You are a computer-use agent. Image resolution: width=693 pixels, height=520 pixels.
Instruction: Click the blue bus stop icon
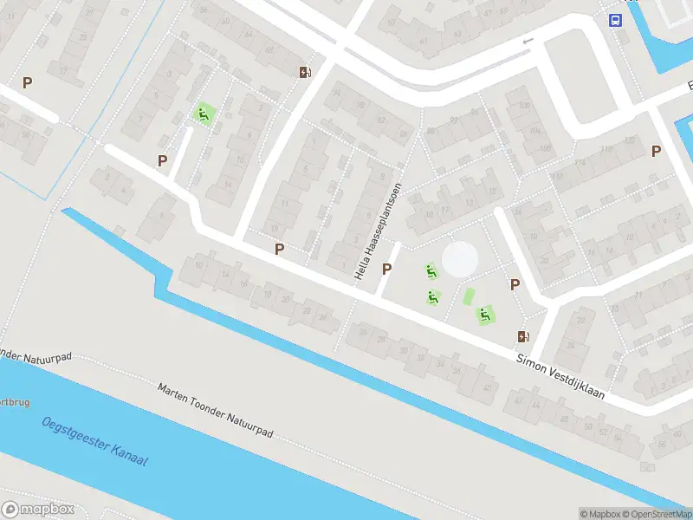[x=615, y=21]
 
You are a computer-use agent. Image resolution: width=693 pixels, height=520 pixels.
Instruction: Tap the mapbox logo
[x=37, y=510]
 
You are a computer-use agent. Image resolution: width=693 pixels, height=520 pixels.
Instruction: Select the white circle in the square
[x=459, y=258]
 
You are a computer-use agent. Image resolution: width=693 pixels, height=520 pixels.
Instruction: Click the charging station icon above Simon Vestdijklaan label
[x=522, y=336]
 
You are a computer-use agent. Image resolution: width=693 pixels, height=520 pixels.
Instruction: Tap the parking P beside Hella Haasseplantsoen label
[x=386, y=269]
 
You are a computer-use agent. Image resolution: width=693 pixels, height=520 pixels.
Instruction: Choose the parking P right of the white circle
[x=515, y=284]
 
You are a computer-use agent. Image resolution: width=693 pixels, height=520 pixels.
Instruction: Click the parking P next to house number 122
[x=656, y=151]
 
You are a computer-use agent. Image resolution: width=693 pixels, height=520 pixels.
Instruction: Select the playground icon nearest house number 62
[x=204, y=113]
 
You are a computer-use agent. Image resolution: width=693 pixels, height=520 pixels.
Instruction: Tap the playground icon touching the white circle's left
[x=431, y=271]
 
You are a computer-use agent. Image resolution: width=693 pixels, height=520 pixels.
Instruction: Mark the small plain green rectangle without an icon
[x=470, y=296]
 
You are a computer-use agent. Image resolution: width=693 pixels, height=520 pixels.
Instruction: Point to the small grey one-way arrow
[x=528, y=41]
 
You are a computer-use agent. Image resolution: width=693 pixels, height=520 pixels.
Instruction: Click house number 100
[x=523, y=106]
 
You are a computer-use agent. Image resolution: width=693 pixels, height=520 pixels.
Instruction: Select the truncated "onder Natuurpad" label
[x=35, y=357]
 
